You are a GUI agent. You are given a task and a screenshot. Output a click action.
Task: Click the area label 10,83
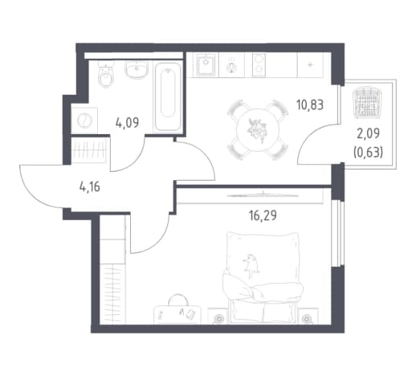[310, 104]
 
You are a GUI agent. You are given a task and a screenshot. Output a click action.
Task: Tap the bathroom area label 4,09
[127, 123]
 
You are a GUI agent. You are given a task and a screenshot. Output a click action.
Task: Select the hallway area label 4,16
[90, 186]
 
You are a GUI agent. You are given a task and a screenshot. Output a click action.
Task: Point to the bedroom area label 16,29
[263, 215]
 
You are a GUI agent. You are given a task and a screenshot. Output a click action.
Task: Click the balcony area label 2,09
[368, 133]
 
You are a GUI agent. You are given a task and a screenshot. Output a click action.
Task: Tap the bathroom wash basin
[137, 69]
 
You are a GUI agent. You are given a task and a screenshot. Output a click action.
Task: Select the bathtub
[168, 96]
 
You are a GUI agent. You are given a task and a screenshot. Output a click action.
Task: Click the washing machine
[84, 121]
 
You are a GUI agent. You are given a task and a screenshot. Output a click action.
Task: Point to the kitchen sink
[206, 65]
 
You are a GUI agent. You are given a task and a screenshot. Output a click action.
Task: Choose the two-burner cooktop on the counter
[259, 65]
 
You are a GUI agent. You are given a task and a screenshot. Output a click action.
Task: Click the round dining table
[258, 130]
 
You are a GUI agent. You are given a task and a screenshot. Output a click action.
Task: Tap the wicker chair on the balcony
[367, 102]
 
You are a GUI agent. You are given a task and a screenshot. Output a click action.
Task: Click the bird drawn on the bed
[251, 266]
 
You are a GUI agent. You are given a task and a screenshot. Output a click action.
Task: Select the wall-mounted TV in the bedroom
[263, 195]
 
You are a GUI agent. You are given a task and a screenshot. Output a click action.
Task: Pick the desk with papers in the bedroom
[177, 315]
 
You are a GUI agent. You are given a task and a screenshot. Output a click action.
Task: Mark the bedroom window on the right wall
[336, 233]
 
